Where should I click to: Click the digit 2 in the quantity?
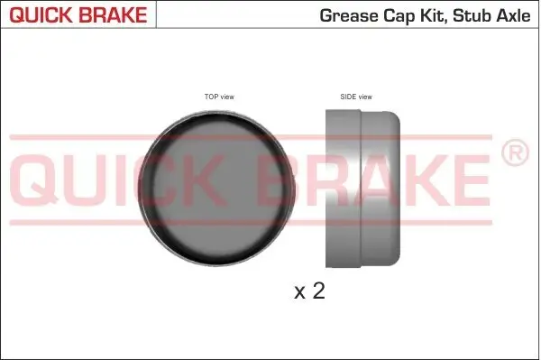[316, 291]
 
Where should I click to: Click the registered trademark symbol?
[514, 154]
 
